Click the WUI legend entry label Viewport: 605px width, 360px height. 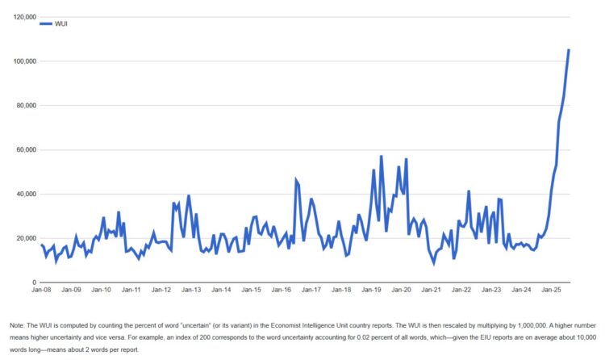(x=62, y=24)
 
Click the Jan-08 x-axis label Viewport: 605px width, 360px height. (x=41, y=289)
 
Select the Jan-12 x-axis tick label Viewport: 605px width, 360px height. (x=161, y=289)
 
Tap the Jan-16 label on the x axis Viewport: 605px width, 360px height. (x=282, y=289)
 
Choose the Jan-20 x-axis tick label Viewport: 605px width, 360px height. (x=402, y=289)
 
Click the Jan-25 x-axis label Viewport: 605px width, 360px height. (x=552, y=289)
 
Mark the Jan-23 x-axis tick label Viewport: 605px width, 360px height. (x=492, y=289)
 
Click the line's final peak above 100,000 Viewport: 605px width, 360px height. (x=569, y=50)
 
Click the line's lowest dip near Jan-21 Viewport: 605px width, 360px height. (x=433, y=262)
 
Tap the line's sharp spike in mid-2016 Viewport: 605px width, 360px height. (x=296, y=180)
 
